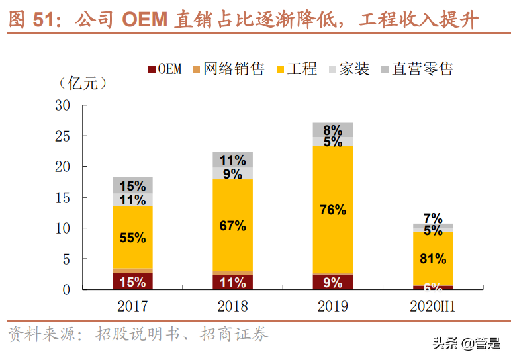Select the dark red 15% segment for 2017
coord(132,281)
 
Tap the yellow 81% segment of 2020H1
coord(433,259)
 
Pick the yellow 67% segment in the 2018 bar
coord(232,225)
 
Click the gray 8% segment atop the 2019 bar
coord(332,130)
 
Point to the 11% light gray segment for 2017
coord(132,200)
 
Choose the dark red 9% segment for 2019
coord(332,282)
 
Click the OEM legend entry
coord(163,69)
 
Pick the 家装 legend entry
coord(348,69)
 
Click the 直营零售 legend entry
coord(416,69)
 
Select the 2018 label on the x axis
coord(232,306)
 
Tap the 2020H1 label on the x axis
coord(433,306)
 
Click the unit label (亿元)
coord(82,84)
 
